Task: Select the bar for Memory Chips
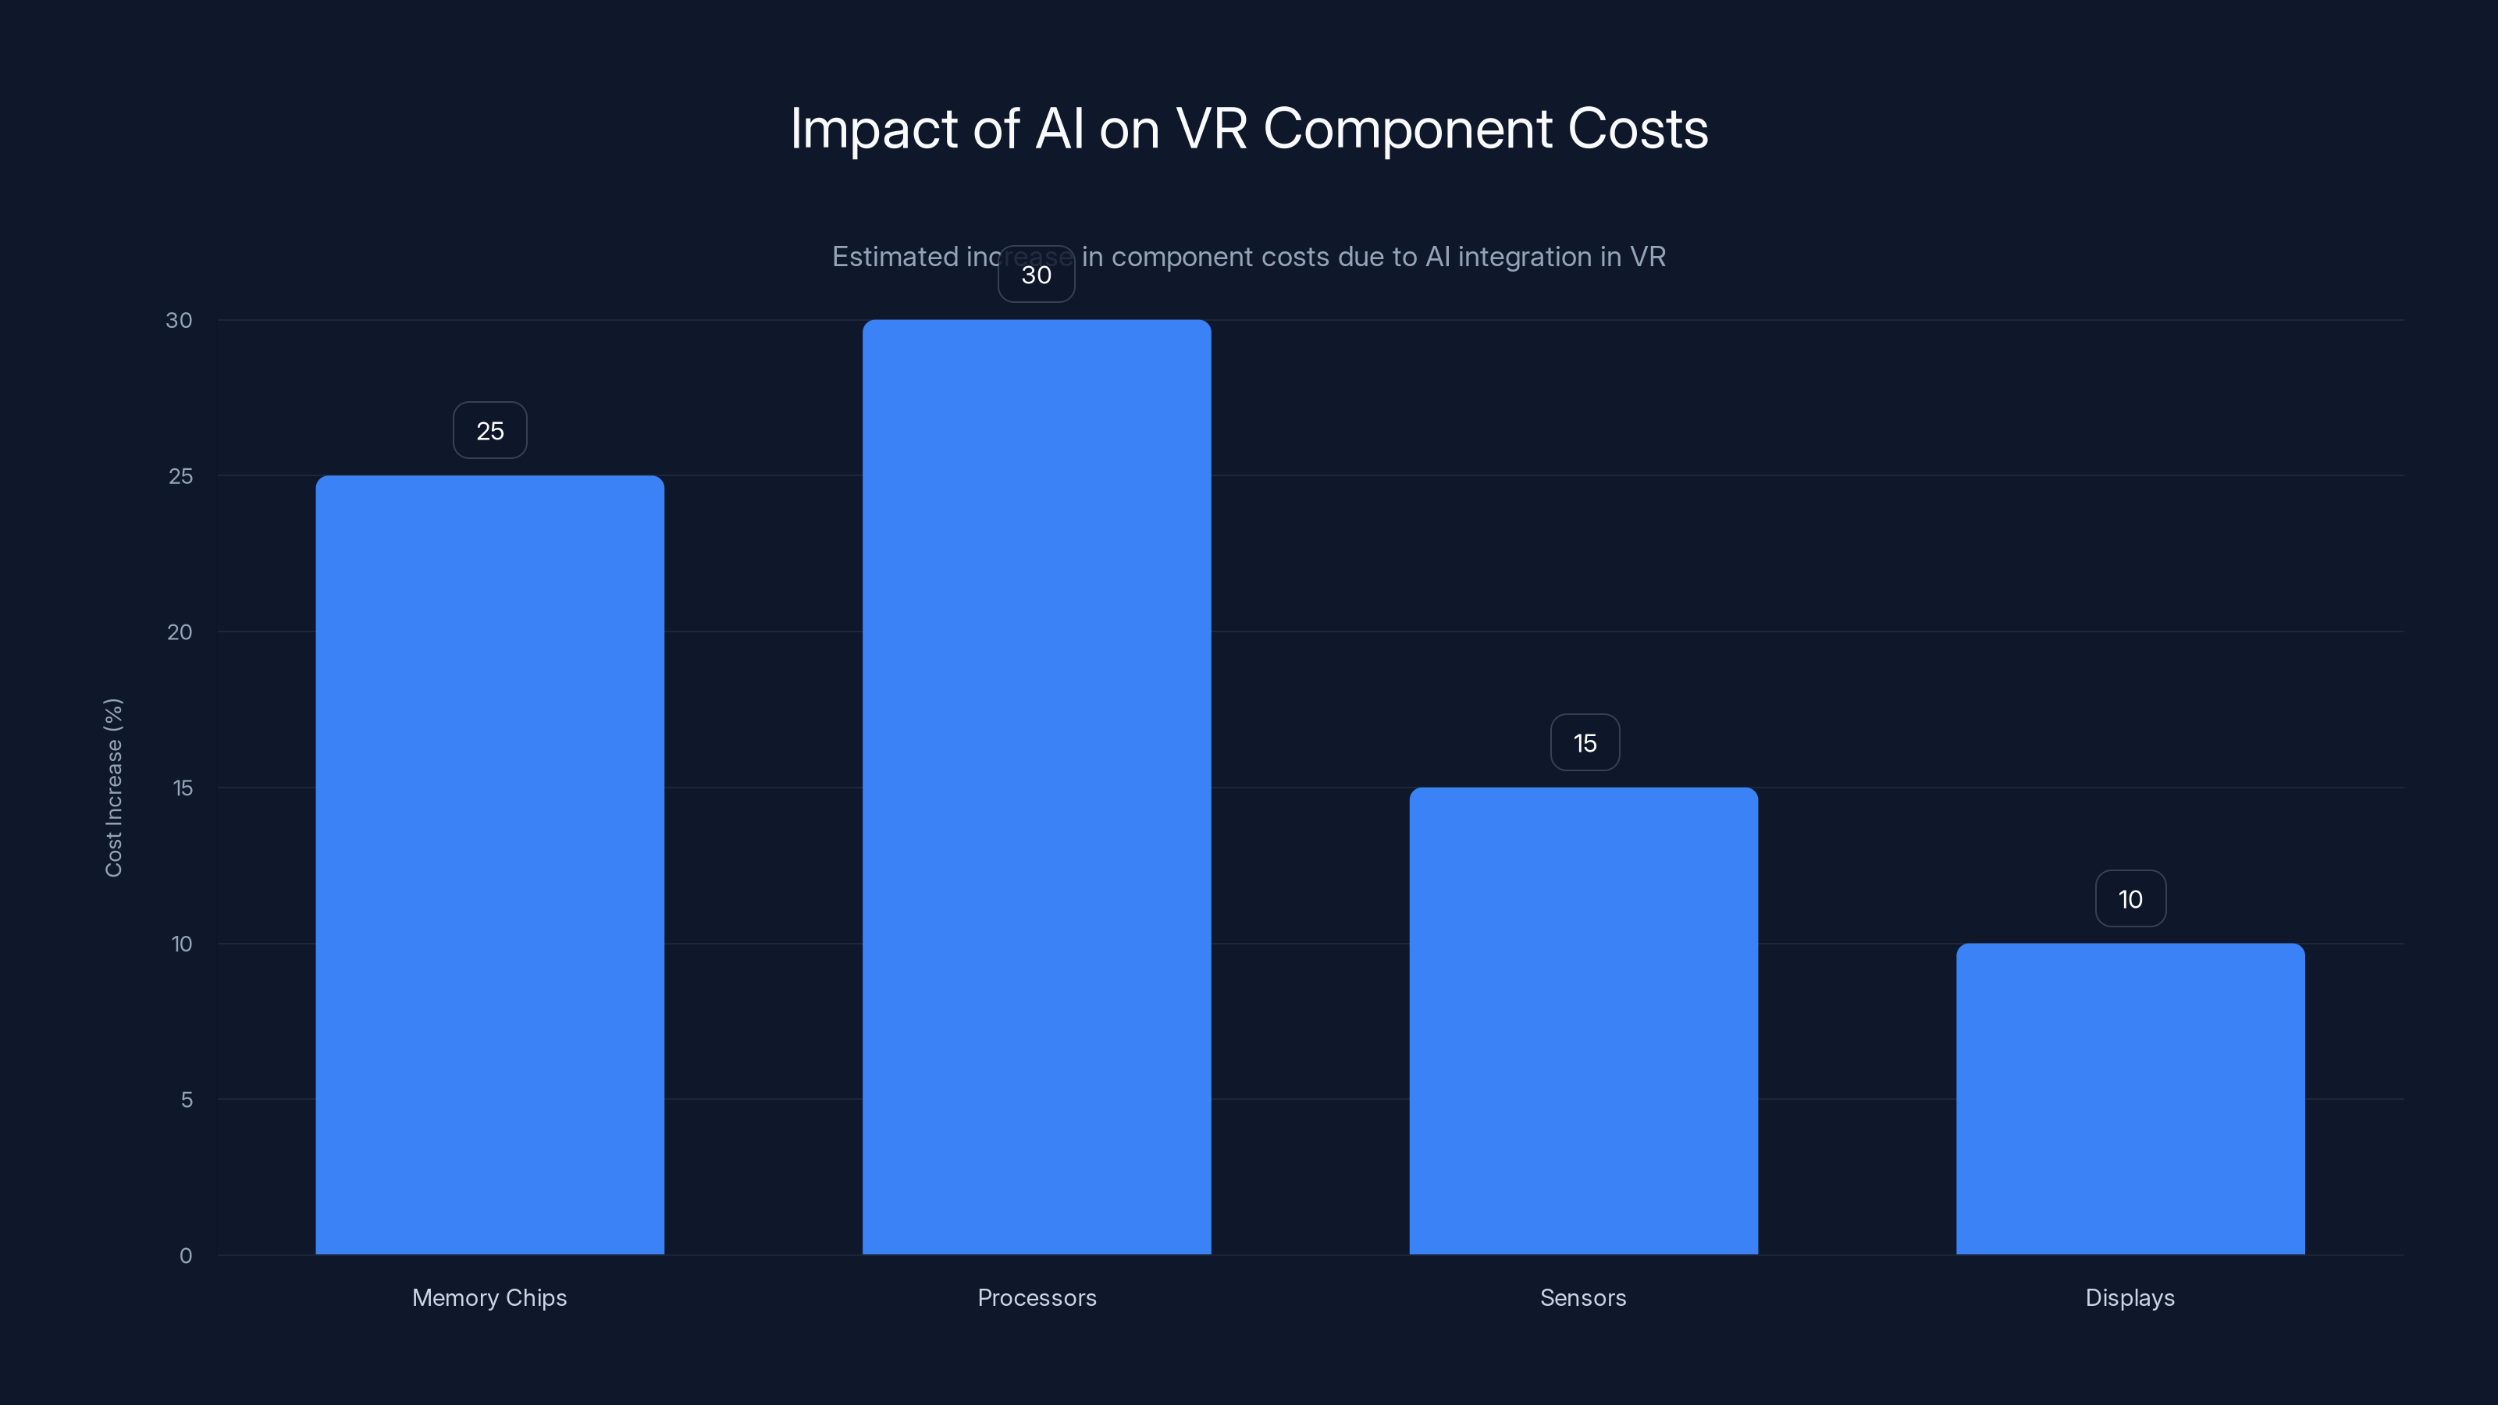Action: pos(489,864)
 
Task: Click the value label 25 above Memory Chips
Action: pos(489,431)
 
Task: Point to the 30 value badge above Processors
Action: pos(1036,275)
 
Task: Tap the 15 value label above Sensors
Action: pos(1585,743)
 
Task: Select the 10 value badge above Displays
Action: pos(2130,899)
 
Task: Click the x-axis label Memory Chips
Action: pos(489,1297)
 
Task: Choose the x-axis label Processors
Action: pos(1037,1297)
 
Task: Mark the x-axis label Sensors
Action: pos(1582,1297)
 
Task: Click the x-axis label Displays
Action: pos(2130,1297)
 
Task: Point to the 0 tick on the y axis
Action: pos(185,1256)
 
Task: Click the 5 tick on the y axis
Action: pos(187,1100)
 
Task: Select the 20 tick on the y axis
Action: pos(180,632)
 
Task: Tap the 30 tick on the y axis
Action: pos(179,320)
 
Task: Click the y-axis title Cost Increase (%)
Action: pos(113,788)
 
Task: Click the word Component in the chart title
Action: pos(1407,129)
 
